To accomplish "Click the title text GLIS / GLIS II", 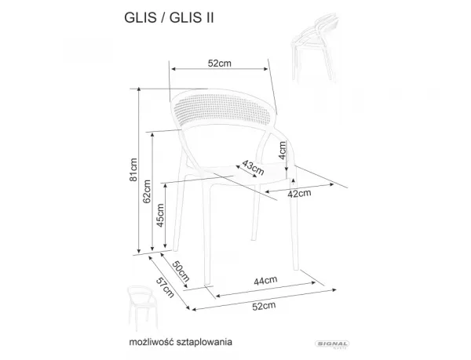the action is click(x=169, y=18).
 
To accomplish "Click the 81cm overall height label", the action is click(x=133, y=169).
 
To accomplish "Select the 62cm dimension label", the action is click(x=147, y=191).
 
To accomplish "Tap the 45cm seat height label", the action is click(x=160, y=215).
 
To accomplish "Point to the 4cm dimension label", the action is click(x=283, y=151).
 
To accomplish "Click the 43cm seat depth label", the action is click(x=253, y=168).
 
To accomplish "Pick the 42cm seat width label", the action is click(x=299, y=194).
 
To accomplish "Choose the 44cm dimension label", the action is click(x=265, y=281).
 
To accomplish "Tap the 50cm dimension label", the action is click(x=181, y=271).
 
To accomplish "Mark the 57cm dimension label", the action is click(x=165, y=287).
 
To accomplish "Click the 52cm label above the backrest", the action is click(x=220, y=64).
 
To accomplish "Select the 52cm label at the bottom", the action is click(x=264, y=306).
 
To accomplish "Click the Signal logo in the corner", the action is click(x=332, y=344).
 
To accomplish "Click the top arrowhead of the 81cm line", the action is click(x=138, y=89).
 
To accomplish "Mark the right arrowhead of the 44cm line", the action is click(x=313, y=282).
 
